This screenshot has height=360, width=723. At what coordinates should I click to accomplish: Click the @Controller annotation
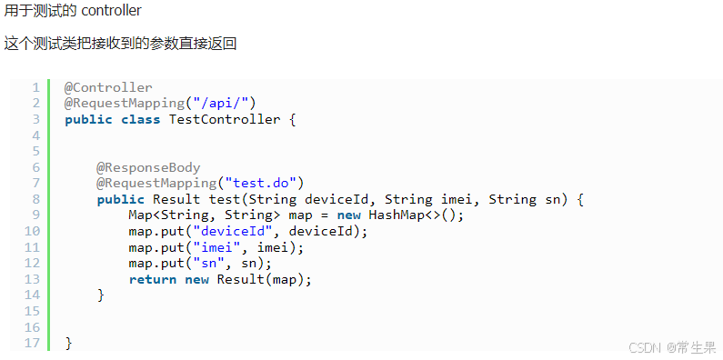point(108,87)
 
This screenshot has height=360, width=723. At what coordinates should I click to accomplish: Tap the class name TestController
point(225,119)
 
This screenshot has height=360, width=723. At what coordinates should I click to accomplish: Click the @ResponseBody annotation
point(148,167)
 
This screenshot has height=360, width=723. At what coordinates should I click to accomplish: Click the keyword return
point(153,279)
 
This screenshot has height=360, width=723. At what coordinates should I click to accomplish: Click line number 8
point(35,199)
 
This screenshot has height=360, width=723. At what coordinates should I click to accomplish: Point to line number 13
point(33,279)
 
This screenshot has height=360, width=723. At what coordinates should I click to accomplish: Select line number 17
point(33,343)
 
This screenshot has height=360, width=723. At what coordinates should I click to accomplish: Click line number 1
point(35,87)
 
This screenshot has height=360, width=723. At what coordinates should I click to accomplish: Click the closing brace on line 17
point(68,343)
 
